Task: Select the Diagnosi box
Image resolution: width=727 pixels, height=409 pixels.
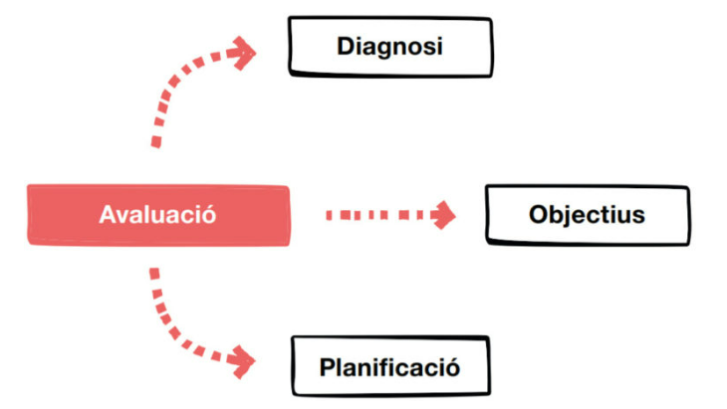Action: pyautogui.click(x=389, y=46)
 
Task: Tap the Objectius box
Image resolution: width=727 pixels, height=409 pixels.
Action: pyautogui.click(x=587, y=215)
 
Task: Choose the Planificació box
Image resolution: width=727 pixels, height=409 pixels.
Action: pyautogui.click(x=389, y=367)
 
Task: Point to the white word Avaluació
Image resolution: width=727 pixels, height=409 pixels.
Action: pyautogui.click(x=157, y=215)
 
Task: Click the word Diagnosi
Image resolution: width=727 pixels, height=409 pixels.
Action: pyautogui.click(x=389, y=46)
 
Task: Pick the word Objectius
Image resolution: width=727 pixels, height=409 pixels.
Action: pyautogui.click(x=587, y=215)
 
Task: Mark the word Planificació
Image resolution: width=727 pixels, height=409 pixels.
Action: pyautogui.click(x=389, y=367)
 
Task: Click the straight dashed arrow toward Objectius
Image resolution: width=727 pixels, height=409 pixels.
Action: pyautogui.click(x=378, y=214)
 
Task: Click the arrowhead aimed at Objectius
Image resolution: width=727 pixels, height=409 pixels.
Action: pyautogui.click(x=443, y=214)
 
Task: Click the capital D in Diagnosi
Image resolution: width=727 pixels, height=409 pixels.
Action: pyautogui.click(x=345, y=46)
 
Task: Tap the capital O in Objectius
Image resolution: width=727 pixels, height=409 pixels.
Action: pyautogui.click(x=538, y=215)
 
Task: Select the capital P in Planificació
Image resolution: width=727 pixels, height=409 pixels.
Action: pyautogui.click(x=327, y=367)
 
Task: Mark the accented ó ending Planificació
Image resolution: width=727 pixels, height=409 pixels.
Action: pyautogui.click(x=453, y=367)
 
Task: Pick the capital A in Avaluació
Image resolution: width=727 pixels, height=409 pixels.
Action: pyautogui.click(x=108, y=215)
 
